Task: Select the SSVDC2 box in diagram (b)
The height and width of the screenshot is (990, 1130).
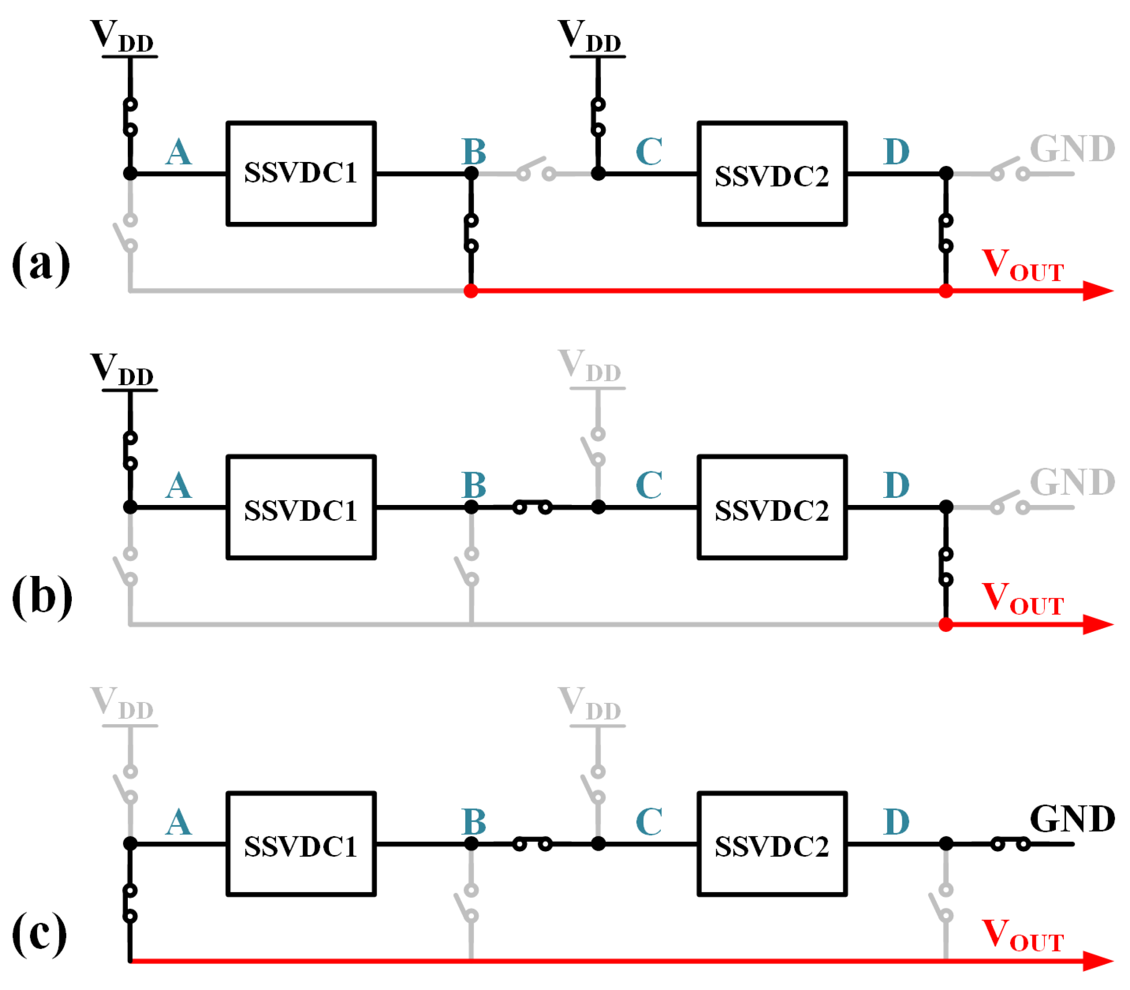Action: coord(771,507)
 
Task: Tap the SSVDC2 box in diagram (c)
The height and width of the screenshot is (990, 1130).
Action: coord(771,844)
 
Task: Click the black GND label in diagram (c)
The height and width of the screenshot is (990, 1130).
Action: coord(1071,819)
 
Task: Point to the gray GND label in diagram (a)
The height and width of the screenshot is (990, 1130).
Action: coord(1071,149)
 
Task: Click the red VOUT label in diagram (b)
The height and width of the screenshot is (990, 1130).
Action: coord(1022,598)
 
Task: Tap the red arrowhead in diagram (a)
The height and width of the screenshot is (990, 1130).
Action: coord(1097,291)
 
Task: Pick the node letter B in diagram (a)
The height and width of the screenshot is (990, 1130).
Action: coord(474,151)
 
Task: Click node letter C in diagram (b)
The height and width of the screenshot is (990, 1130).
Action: coord(649,485)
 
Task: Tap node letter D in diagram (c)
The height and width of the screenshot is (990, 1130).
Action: coord(896,822)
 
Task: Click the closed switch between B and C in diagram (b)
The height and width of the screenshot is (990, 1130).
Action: coord(532,506)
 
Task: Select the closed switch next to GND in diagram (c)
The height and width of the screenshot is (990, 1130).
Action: coord(1010,843)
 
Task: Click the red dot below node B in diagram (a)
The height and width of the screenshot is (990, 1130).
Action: coord(471,291)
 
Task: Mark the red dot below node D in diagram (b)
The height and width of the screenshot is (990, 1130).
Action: coord(945,624)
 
